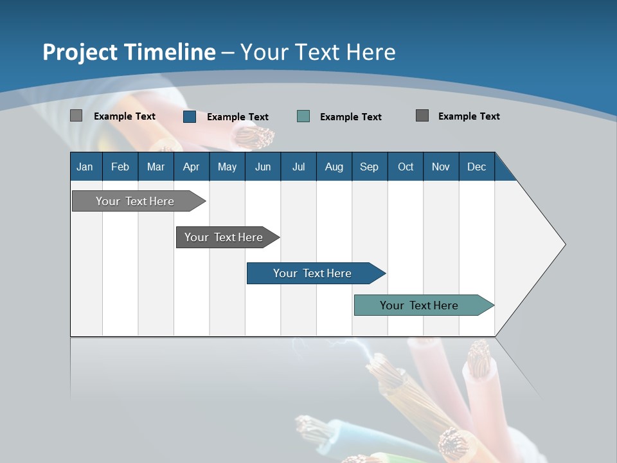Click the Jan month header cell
click(x=85, y=167)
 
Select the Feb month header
click(x=120, y=167)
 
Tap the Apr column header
click(x=192, y=167)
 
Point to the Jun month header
click(x=263, y=167)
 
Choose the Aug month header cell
click(x=334, y=167)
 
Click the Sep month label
click(x=370, y=167)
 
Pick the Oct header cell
click(x=406, y=167)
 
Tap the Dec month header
click(x=477, y=167)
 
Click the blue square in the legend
click(x=190, y=116)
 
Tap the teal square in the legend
click(x=303, y=116)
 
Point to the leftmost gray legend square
click(x=76, y=116)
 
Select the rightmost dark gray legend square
click(x=422, y=116)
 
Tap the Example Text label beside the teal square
click(x=351, y=117)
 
